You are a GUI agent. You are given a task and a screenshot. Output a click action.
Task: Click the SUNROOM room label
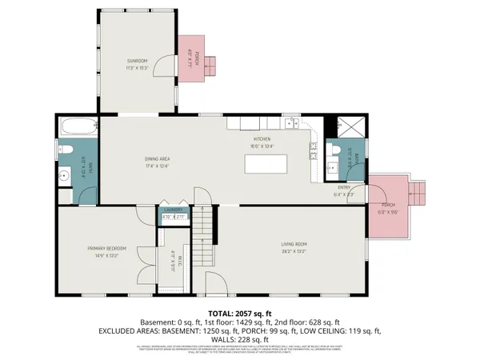click(x=136, y=61)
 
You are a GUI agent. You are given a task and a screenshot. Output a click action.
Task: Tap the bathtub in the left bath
click(x=77, y=126)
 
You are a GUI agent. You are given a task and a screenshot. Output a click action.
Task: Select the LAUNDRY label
click(x=174, y=210)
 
